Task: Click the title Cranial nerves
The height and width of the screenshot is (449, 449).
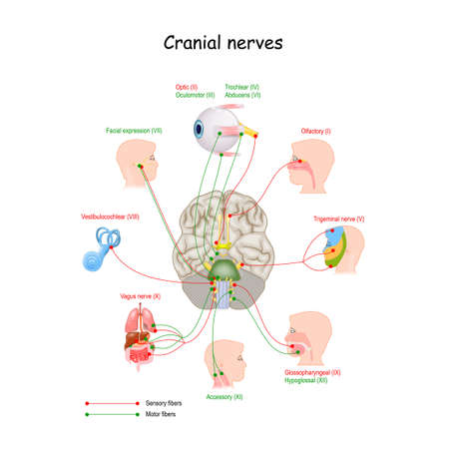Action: point(224,45)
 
